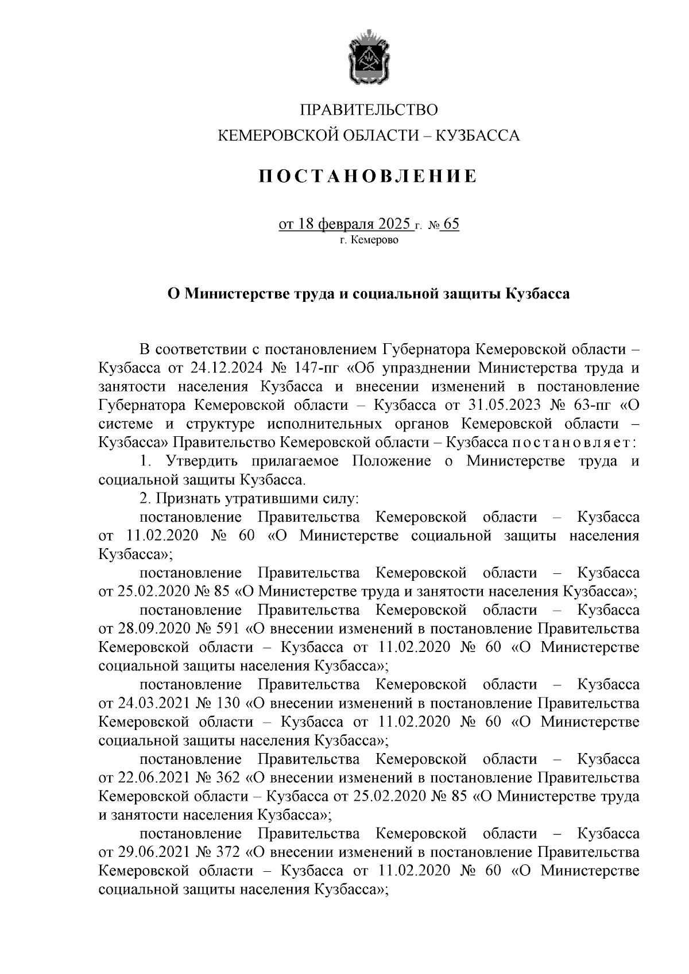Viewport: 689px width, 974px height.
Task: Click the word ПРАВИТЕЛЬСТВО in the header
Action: click(369, 110)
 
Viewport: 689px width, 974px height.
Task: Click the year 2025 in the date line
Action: click(394, 223)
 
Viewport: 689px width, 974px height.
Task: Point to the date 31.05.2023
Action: click(505, 405)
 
